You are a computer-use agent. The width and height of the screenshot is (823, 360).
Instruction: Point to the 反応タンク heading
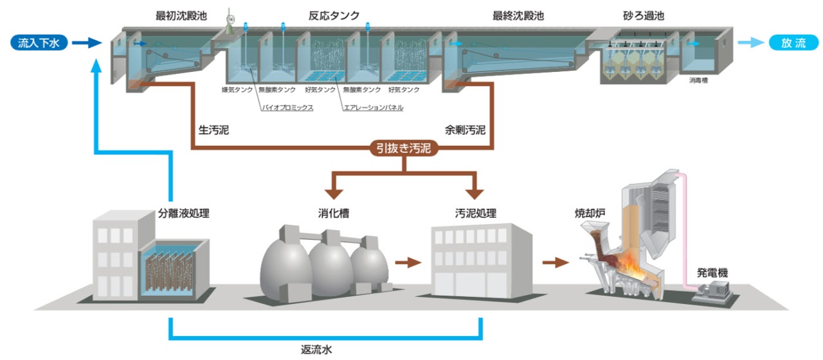334,15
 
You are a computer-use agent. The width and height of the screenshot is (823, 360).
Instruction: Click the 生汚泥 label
213,130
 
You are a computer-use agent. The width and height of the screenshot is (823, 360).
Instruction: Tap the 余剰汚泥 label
464,130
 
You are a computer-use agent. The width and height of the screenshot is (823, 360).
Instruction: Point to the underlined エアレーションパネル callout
373,108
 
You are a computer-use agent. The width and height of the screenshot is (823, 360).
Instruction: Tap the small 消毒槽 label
698,80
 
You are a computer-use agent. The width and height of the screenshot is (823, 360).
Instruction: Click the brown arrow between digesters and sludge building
407,262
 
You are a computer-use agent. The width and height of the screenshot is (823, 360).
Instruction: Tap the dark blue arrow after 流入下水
86,43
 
